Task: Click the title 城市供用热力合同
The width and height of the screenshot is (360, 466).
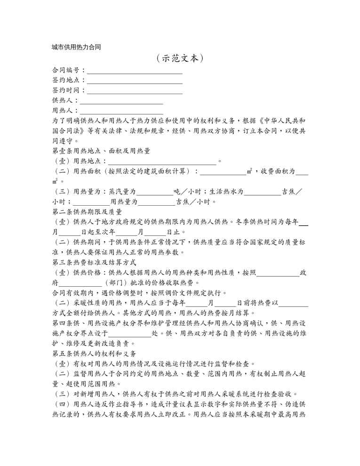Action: click(x=77, y=47)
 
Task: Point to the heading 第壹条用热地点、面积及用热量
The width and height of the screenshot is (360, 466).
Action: click(x=101, y=151)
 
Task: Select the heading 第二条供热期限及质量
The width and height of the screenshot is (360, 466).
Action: click(x=87, y=212)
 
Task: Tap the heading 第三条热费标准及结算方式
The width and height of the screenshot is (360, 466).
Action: click(x=94, y=262)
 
